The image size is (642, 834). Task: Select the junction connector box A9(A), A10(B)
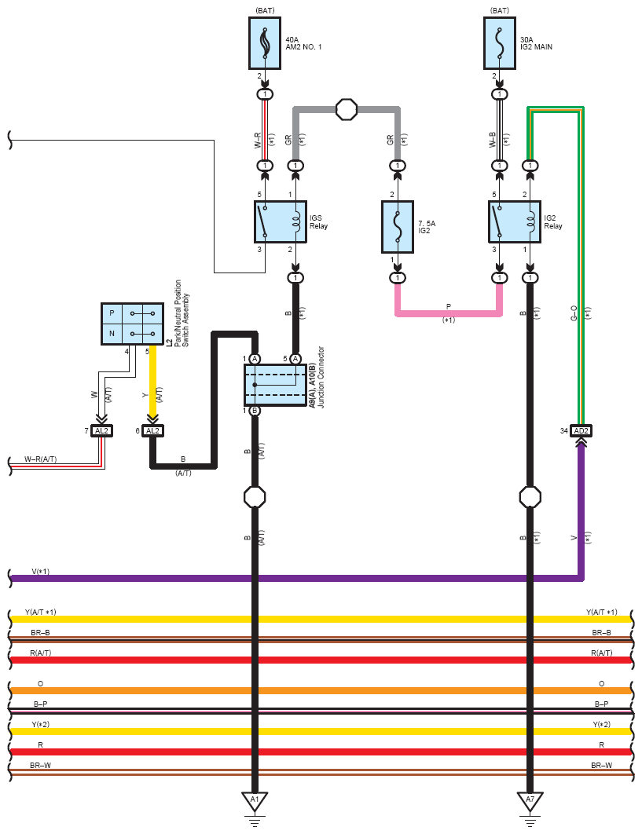(275, 385)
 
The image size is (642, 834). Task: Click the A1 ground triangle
(255, 801)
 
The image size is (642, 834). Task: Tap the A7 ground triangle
(530, 801)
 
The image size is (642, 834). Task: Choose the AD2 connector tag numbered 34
(581, 430)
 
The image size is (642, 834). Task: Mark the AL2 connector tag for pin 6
(152, 430)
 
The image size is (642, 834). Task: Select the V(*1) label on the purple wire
(41, 572)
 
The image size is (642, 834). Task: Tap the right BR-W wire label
(602, 765)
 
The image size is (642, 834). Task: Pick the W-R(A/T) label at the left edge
(41, 459)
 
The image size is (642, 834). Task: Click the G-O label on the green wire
(574, 315)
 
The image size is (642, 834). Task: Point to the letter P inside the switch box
(112, 313)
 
